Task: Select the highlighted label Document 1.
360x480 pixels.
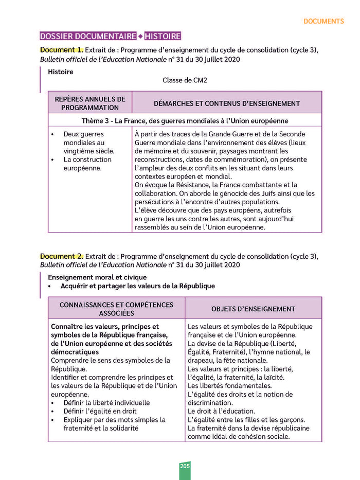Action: click(x=61, y=50)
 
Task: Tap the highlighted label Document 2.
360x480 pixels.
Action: click(x=61, y=256)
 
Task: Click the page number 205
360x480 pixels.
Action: click(x=185, y=466)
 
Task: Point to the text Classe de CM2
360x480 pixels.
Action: click(x=185, y=80)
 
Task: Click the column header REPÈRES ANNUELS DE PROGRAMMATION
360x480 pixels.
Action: click(x=90, y=103)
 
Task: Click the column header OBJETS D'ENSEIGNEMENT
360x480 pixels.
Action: click(x=253, y=309)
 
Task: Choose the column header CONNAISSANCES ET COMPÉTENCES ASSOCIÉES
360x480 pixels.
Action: click(x=117, y=309)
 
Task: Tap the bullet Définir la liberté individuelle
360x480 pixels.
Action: click(x=106, y=403)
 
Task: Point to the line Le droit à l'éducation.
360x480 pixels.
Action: click(x=221, y=411)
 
